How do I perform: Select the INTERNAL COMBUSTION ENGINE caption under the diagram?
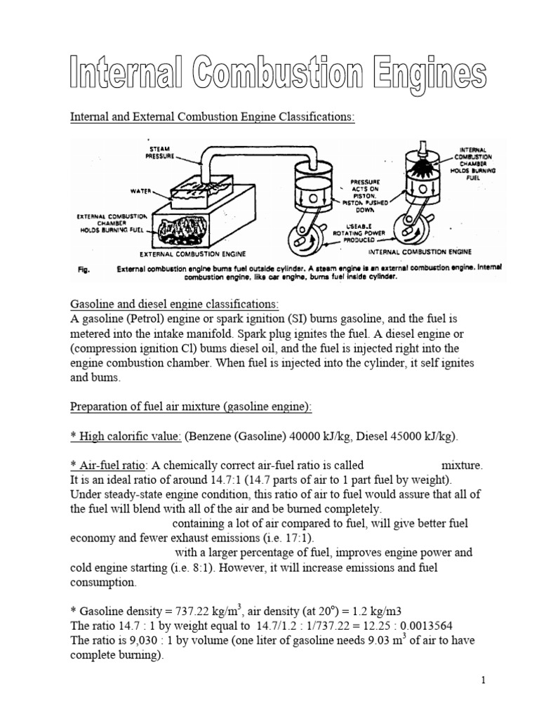[x=420, y=251]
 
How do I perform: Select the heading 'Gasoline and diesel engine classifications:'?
[x=174, y=304]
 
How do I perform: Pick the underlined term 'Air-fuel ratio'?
[x=113, y=465]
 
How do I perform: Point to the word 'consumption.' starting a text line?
[x=102, y=583]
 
